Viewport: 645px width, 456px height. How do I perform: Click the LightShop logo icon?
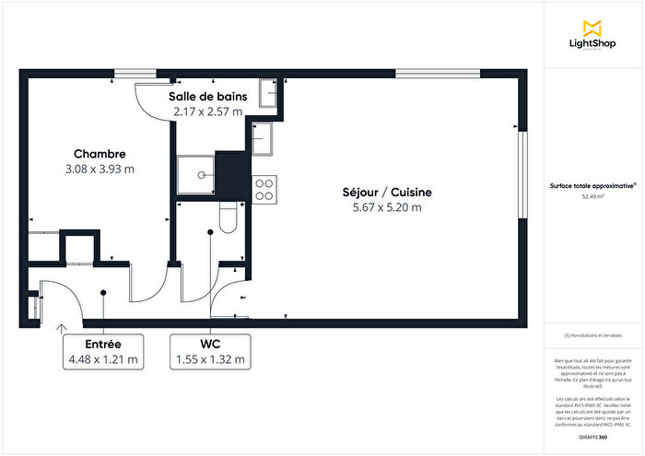pos(593,28)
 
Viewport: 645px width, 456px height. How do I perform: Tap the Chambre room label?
pos(100,154)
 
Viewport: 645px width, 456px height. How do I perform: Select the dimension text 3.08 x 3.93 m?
pos(100,169)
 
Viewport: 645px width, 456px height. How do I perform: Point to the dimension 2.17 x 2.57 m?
pos(207,111)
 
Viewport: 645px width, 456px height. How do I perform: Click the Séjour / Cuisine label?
pos(386,193)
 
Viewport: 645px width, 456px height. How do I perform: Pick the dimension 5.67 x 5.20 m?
pos(386,207)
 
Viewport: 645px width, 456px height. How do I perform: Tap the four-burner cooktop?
pos(264,188)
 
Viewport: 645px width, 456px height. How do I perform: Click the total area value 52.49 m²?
pos(592,196)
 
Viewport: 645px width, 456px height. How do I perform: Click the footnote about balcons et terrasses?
pos(592,335)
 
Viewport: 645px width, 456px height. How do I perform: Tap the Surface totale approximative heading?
pos(592,185)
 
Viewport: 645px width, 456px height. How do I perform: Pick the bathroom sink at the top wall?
pos(269,92)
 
